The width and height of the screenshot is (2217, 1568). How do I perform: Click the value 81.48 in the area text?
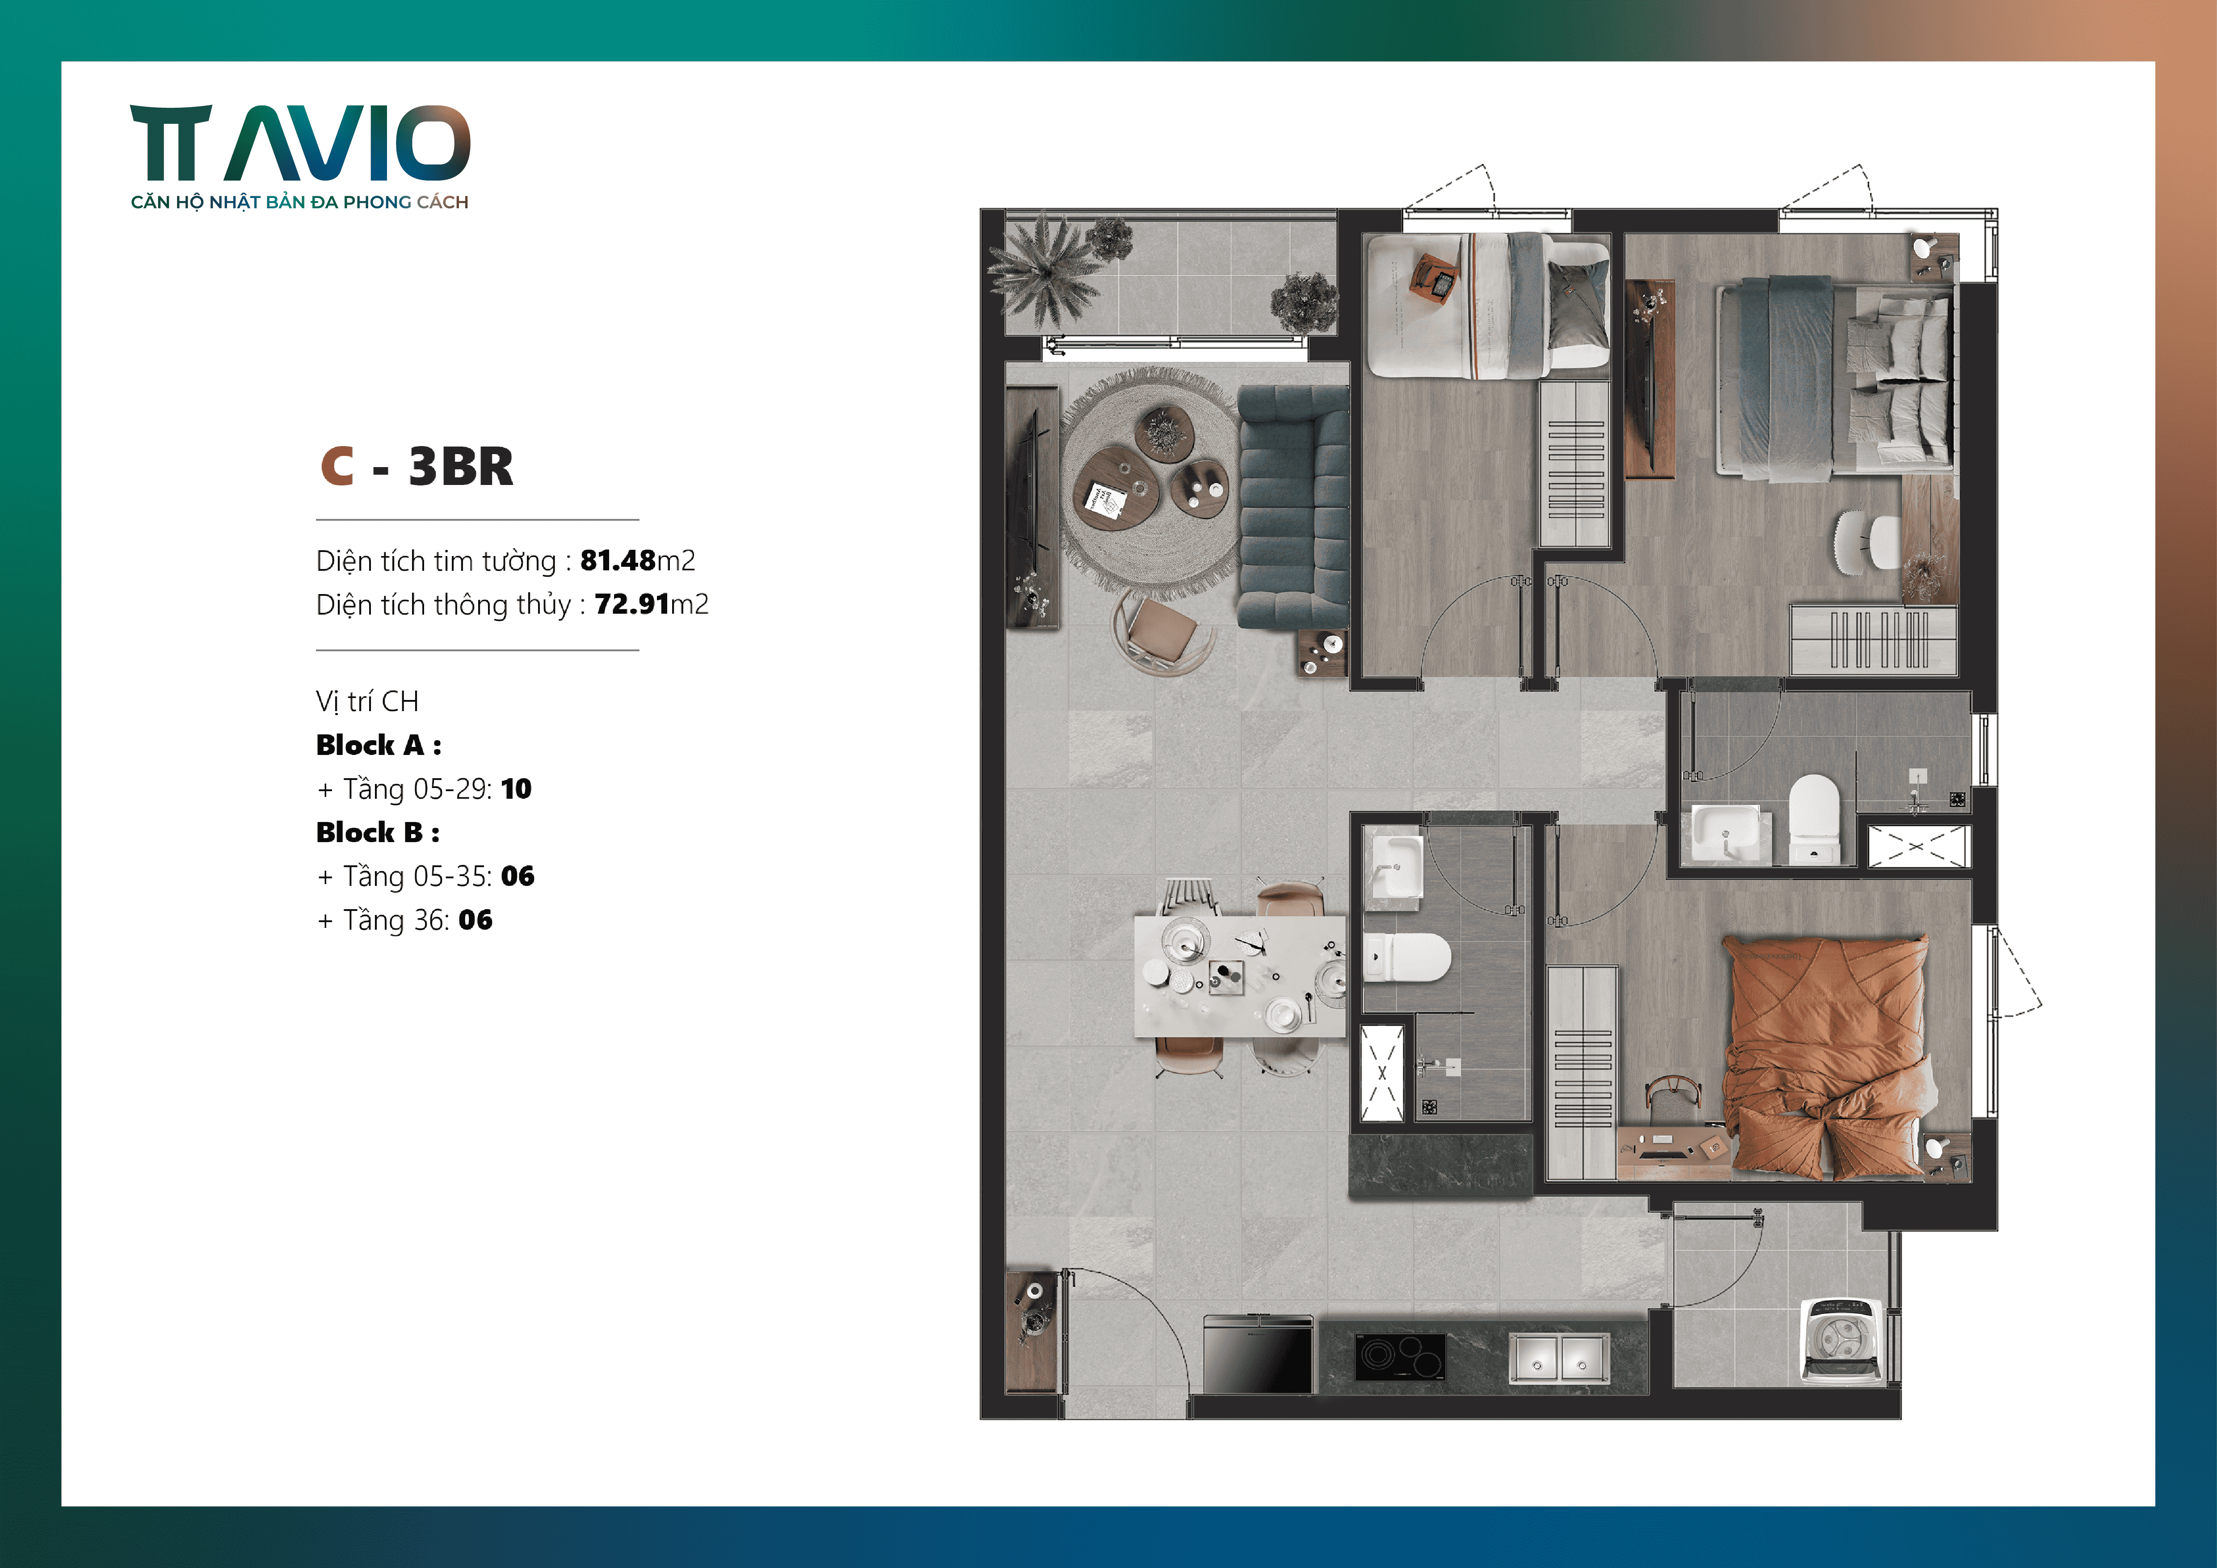618,560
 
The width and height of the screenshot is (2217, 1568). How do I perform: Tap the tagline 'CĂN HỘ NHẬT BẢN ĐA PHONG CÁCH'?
299,202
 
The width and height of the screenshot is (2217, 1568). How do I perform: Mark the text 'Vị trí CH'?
367,701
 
